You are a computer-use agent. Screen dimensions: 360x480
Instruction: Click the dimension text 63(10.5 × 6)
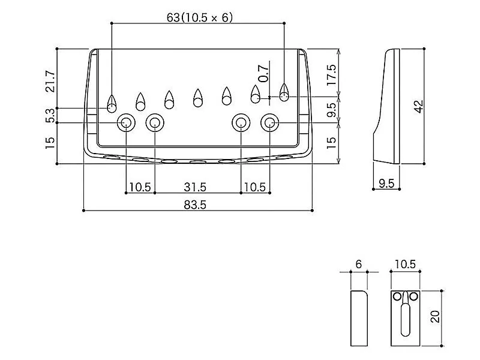pos(199,17)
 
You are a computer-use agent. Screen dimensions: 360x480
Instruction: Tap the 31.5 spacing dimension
pos(197,187)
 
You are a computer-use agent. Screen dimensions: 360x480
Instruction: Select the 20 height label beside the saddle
pos(436,316)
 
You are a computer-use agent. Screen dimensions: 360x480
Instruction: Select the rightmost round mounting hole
pos(269,123)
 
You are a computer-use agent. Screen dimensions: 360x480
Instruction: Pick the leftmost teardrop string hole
pos(112,102)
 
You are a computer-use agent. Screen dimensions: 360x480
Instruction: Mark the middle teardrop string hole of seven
pos(197,97)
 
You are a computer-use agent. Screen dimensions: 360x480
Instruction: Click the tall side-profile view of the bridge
pos(387,105)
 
